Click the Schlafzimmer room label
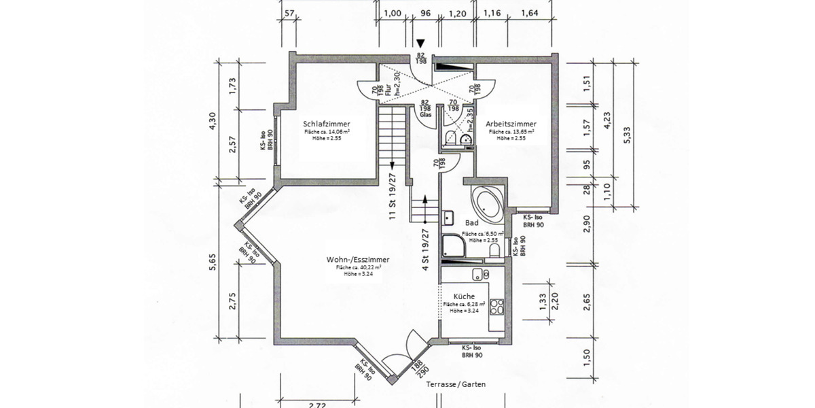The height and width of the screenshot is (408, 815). (x=327, y=123)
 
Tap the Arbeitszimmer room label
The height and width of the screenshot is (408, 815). (x=511, y=124)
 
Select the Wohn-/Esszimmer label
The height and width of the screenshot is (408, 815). (x=358, y=260)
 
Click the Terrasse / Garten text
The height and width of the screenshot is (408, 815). (x=456, y=384)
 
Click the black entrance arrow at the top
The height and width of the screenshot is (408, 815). (x=421, y=44)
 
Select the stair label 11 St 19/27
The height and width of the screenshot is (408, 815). (x=393, y=197)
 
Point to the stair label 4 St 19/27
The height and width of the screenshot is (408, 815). (x=426, y=250)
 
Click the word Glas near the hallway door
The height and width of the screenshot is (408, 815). (x=426, y=115)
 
